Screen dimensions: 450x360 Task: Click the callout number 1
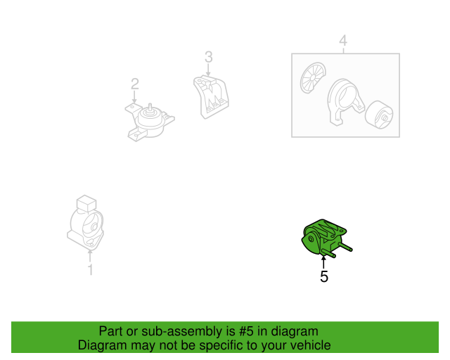(91, 269)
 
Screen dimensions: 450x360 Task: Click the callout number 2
(135, 84)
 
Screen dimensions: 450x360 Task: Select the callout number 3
(209, 57)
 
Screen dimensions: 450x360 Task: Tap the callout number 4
(343, 41)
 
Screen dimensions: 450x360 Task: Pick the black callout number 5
(324, 276)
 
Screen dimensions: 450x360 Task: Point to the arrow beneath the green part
(323, 262)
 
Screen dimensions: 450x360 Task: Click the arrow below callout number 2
(134, 97)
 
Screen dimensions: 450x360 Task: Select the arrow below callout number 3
(208, 70)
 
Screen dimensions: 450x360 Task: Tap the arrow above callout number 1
(90, 256)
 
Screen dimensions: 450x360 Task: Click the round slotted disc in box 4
(313, 77)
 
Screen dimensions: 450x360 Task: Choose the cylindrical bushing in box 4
(379, 115)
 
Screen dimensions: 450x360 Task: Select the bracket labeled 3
(211, 97)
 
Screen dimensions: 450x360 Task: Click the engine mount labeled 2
(150, 122)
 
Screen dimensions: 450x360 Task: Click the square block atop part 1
(86, 203)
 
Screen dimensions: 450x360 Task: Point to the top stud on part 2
(150, 107)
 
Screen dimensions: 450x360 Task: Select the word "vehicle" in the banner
(313, 345)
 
